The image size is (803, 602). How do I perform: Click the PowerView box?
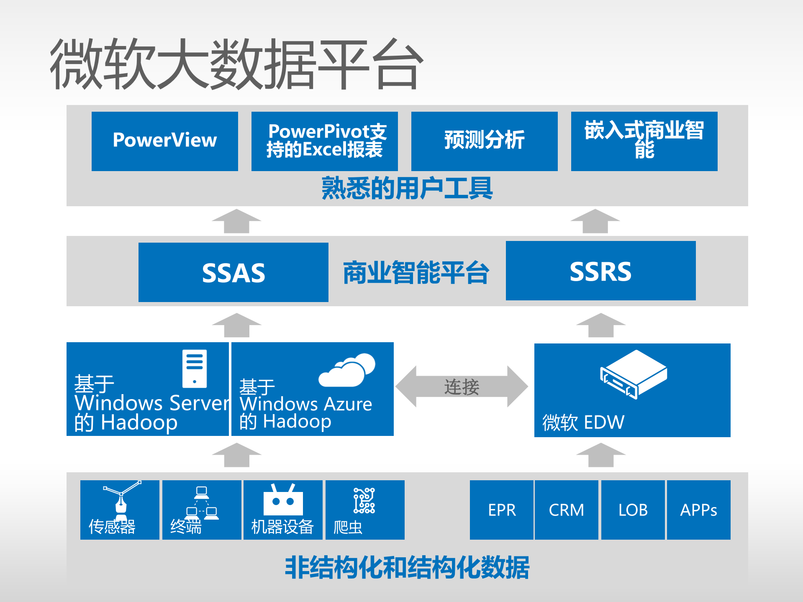click(164, 141)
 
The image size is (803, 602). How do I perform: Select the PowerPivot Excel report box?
click(324, 141)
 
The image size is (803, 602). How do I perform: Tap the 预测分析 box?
click(484, 141)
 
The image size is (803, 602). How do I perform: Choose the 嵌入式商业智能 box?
click(644, 141)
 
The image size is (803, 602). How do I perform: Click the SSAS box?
click(233, 272)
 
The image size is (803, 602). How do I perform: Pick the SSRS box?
click(600, 271)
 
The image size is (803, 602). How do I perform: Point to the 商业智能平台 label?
click(416, 273)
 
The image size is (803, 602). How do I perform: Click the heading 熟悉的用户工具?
click(407, 188)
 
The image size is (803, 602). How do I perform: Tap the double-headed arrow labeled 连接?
click(462, 386)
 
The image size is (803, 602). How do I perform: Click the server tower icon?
click(195, 368)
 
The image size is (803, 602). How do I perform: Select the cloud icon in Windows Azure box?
click(347, 370)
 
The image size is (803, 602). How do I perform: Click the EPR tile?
click(501, 510)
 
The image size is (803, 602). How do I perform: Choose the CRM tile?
click(566, 510)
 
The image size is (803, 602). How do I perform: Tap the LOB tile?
click(633, 510)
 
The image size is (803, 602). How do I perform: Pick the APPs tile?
click(698, 510)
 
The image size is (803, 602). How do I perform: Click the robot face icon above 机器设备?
click(283, 500)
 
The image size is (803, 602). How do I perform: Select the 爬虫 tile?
click(364, 510)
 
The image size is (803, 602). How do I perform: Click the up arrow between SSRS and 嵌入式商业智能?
click(595, 221)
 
